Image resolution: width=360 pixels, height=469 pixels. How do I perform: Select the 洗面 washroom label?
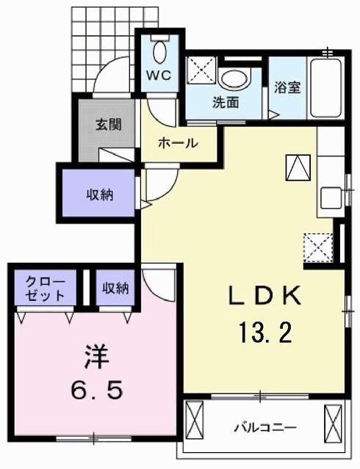pyautogui.click(x=226, y=103)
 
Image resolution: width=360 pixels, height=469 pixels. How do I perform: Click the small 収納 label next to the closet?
pyautogui.click(x=115, y=288)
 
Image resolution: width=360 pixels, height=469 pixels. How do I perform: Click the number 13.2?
pyautogui.click(x=264, y=334)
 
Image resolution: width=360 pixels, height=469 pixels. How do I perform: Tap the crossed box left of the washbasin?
pyautogui.click(x=201, y=72)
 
